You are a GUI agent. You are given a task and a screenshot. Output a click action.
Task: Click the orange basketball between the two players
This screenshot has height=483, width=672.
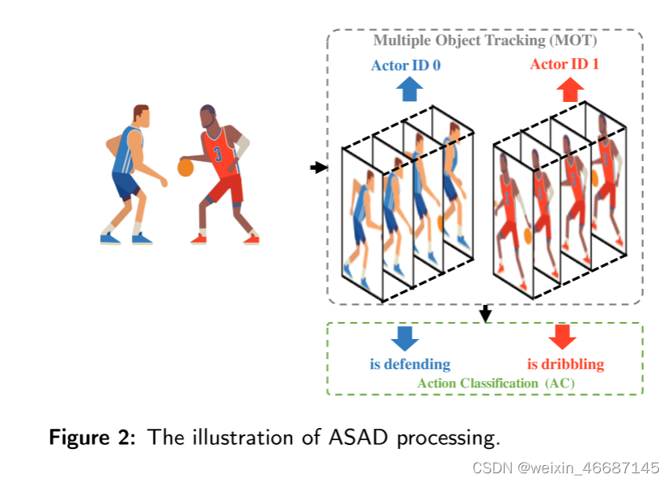pos(185,167)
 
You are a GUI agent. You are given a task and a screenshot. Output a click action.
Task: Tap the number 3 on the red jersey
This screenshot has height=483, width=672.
pos(218,153)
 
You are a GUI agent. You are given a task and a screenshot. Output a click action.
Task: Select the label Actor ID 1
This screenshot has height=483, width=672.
pos(564,64)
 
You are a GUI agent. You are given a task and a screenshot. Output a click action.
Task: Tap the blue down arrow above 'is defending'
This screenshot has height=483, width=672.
pos(404,337)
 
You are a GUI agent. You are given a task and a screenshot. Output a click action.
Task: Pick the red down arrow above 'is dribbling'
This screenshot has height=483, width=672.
pos(562,336)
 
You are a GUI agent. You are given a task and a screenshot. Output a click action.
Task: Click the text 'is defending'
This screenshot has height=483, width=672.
pos(410,364)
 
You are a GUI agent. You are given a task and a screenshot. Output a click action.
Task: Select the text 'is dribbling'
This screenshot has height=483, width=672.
pos(565,364)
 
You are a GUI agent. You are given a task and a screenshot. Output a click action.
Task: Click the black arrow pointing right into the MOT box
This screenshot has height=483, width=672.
pos(319,167)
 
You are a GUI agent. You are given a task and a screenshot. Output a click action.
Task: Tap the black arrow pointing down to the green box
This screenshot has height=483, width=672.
pos(485,313)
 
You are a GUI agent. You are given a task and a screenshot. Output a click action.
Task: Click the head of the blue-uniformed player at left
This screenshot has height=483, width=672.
pos(140,116)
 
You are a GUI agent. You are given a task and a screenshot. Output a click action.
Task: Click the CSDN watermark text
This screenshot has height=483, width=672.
pos(565,468)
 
